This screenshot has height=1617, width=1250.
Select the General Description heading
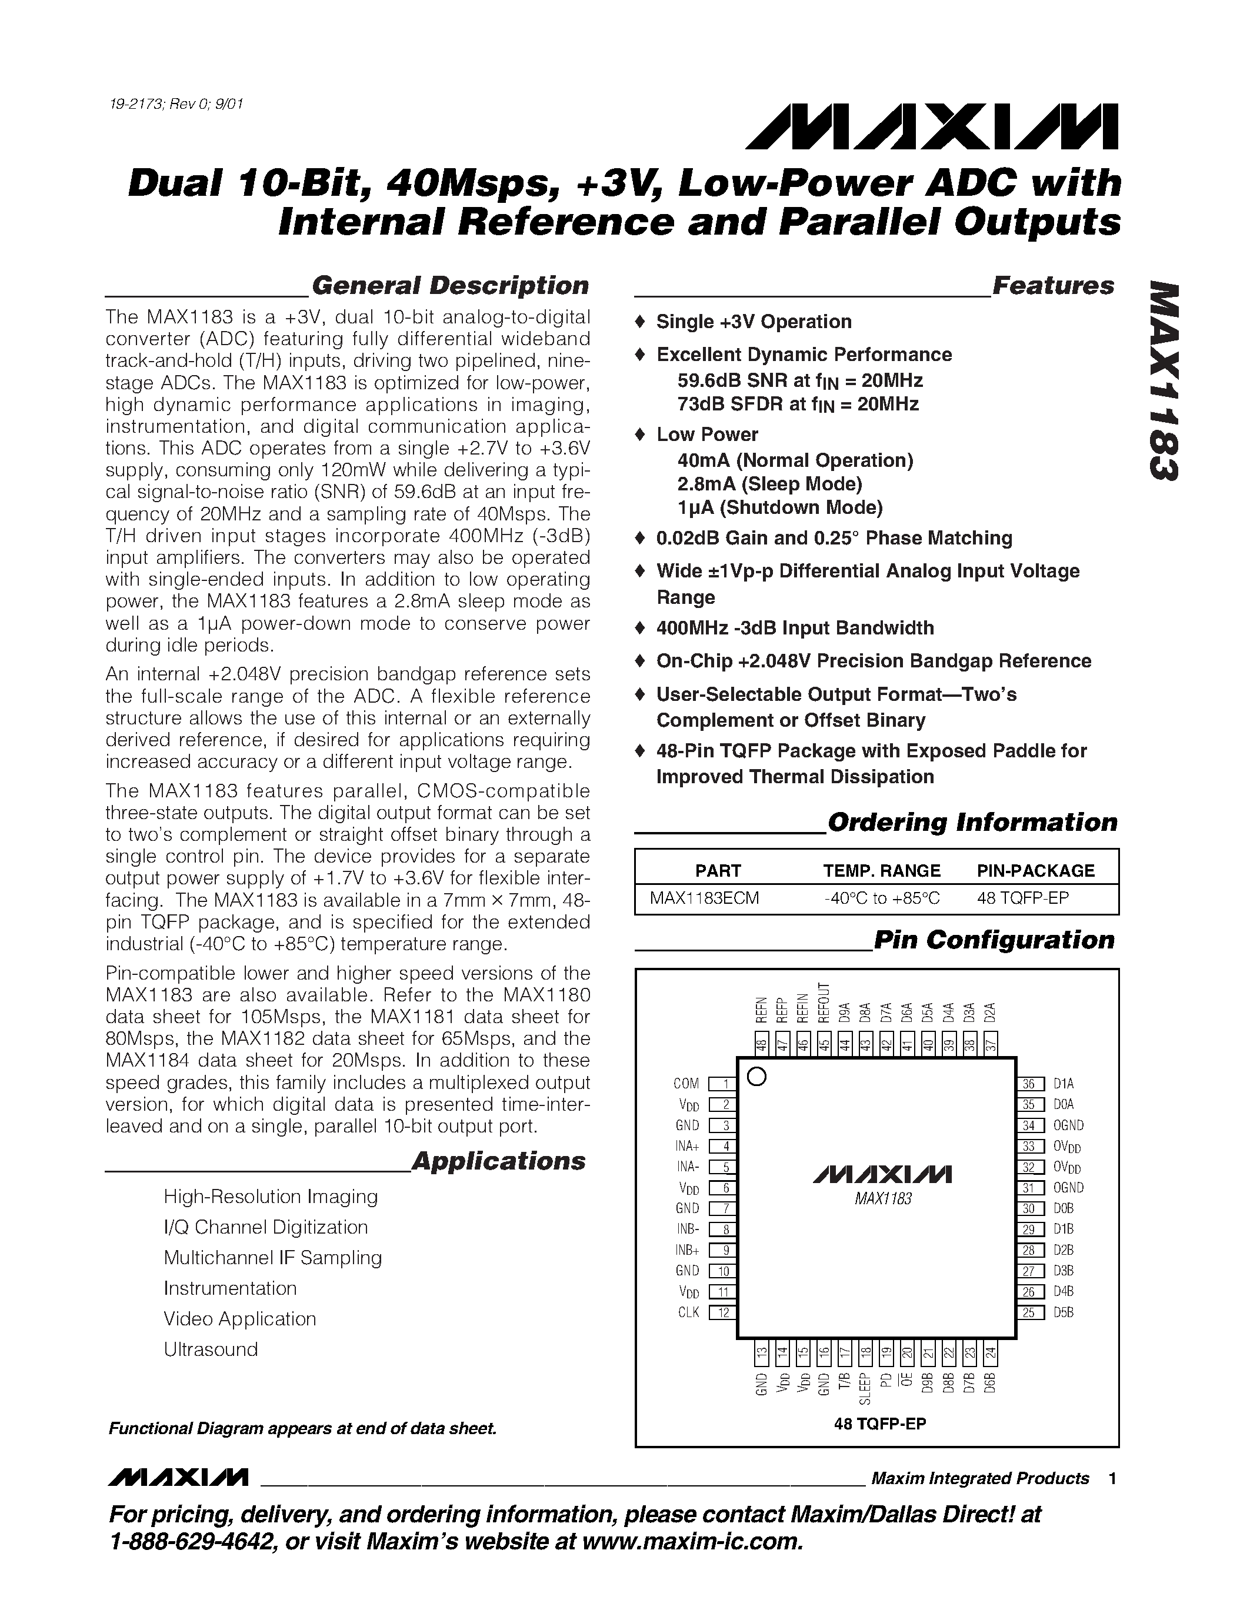449,286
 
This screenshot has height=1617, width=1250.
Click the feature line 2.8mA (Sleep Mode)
769,484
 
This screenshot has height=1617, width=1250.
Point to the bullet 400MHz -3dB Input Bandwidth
795,629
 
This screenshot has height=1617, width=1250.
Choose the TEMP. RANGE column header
881,871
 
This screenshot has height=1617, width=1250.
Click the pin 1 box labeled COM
722,1084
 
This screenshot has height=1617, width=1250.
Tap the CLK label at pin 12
688,1312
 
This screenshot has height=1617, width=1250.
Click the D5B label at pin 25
1064,1312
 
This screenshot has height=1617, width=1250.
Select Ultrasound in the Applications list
211,1349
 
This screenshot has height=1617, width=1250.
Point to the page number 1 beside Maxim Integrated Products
1112,1479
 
